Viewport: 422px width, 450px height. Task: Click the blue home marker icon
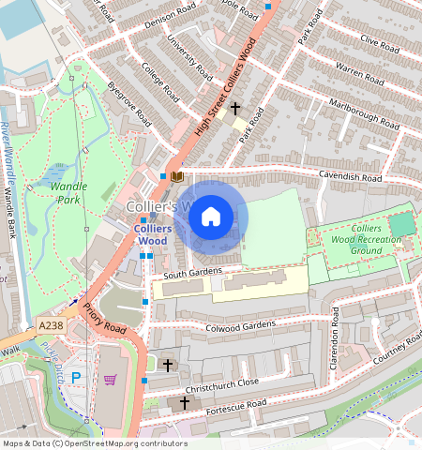[211, 217]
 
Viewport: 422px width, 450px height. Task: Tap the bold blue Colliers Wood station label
[152, 233]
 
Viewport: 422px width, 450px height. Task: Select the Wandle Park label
[68, 192]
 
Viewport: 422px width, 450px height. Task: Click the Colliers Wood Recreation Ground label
[366, 239]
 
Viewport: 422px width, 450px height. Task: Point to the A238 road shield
[52, 325]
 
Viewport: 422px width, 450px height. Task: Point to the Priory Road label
[103, 319]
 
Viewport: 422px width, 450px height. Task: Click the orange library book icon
[176, 175]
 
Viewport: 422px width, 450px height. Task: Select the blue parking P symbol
[77, 378]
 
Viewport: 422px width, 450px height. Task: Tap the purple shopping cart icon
[110, 380]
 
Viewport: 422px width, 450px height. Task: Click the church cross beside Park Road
[235, 109]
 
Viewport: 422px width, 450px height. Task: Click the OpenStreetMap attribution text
[94, 443]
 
